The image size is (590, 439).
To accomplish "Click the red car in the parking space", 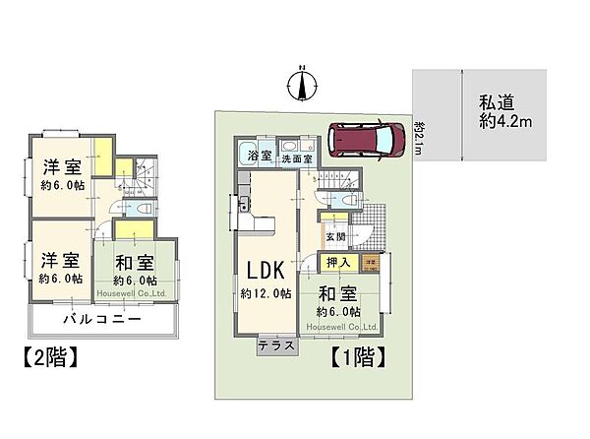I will [365, 139].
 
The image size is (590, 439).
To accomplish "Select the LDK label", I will [265, 270].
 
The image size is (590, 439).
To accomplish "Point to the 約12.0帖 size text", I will [265, 294].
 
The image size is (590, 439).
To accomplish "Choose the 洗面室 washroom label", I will [295, 157].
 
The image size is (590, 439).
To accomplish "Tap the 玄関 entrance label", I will [335, 237].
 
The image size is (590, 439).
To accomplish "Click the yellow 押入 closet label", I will [334, 264].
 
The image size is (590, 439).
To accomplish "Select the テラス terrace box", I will [276, 347].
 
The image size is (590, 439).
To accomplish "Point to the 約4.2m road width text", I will [505, 122].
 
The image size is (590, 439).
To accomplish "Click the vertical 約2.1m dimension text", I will [419, 135].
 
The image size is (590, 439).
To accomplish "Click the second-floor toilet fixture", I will [141, 211].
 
